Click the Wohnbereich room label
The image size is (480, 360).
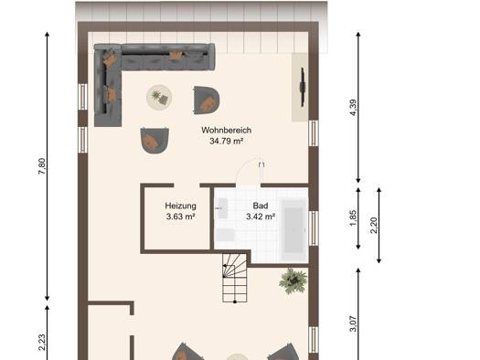(226, 131)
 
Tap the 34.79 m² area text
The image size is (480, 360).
(226, 142)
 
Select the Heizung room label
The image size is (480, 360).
(181, 206)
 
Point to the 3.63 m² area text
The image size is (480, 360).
(181, 217)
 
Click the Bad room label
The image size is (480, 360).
(261, 206)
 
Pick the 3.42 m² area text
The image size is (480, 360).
(261, 217)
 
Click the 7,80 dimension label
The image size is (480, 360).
(42, 166)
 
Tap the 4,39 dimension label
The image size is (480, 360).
(353, 108)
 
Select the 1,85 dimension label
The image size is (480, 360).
(353, 218)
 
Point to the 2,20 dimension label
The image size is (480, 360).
(374, 226)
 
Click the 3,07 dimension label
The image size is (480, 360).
(353, 323)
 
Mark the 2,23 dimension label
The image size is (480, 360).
(42, 343)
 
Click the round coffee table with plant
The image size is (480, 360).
(159, 97)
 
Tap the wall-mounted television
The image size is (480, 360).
(303, 87)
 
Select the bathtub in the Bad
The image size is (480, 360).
(294, 227)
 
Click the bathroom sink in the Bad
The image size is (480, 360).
(221, 208)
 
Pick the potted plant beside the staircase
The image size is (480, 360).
(293, 281)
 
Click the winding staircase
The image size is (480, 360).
(235, 278)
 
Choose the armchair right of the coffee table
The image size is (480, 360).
(207, 101)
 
